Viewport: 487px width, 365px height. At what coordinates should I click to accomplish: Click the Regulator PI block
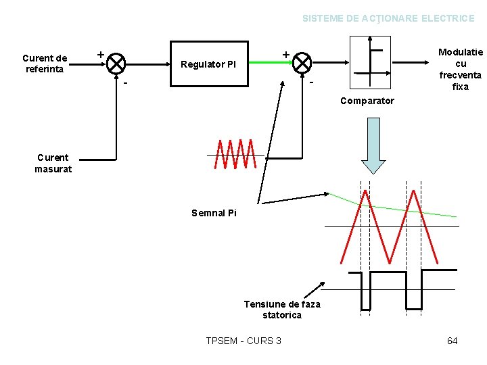(208, 64)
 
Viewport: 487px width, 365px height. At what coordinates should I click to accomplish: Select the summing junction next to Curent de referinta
(116, 64)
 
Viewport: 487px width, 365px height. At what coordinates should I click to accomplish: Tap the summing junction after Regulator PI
(302, 64)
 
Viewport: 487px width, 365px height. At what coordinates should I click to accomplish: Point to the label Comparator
(367, 101)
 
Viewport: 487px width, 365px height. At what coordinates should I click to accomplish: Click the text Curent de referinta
(45, 63)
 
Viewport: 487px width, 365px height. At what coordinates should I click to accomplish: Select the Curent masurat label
(53, 163)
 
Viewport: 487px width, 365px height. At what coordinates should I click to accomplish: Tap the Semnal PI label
(214, 213)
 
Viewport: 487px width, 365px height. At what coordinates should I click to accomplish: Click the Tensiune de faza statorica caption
(282, 310)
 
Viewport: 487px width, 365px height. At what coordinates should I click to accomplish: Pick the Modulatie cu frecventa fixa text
(461, 69)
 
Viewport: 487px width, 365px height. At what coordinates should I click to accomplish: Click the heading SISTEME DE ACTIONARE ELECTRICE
(388, 18)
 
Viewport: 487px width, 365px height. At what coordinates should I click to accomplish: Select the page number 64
(453, 341)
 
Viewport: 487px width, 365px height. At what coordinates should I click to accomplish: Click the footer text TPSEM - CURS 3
(243, 341)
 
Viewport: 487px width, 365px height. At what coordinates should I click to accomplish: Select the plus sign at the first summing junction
(100, 53)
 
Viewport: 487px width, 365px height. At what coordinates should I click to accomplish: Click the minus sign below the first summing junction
(126, 84)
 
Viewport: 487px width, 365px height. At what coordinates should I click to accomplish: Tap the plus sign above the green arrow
(285, 53)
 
